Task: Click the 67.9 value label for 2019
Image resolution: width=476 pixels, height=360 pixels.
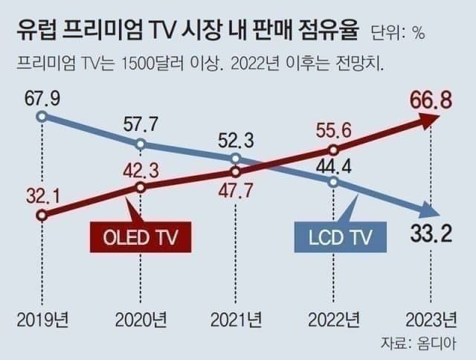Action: (42, 98)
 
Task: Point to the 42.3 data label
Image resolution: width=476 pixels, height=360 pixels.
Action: (142, 170)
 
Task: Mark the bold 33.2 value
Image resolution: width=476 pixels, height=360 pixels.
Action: (431, 236)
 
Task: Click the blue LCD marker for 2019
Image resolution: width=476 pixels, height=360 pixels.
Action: (42, 116)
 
